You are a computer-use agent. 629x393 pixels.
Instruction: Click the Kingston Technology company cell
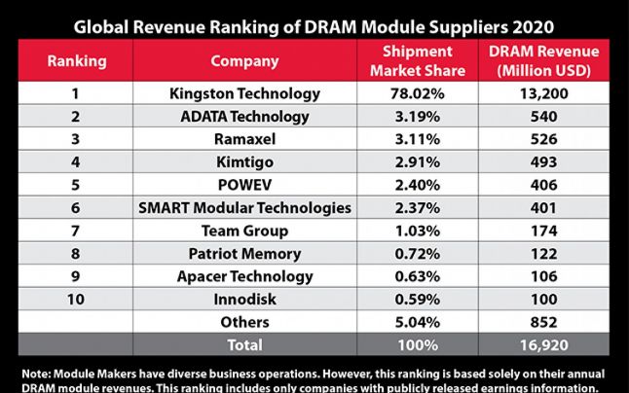(x=231, y=94)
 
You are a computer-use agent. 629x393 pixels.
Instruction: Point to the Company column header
(x=231, y=61)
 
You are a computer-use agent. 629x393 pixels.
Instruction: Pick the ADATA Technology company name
(x=231, y=117)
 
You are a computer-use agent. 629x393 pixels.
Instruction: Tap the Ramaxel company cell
(x=231, y=139)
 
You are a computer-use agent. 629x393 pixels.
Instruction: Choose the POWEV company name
(x=231, y=185)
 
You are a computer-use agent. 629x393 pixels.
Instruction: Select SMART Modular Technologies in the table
(x=231, y=207)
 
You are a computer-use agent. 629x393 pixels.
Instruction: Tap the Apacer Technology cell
(x=231, y=275)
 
